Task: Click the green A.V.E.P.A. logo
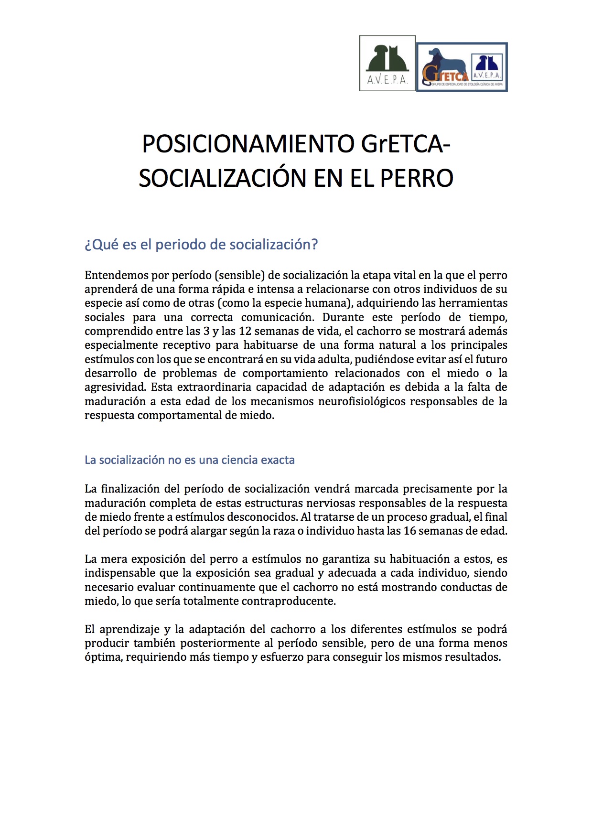click(x=387, y=63)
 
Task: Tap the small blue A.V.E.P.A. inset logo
click(x=487, y=67)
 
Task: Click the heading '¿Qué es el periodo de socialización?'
click(x=201, y=245)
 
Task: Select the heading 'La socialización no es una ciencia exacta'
click(x=190, y=460)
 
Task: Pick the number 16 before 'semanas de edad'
click(x=410, y=531)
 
